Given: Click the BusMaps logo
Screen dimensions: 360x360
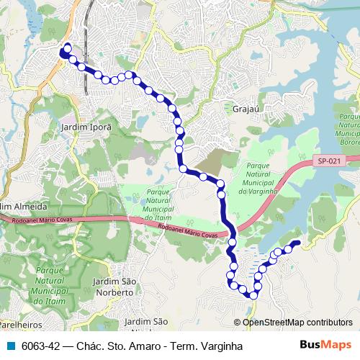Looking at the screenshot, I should pyautogui.click(x=325, y=345).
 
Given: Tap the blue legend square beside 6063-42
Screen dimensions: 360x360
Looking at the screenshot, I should pyautogui.click(x=10, y=346).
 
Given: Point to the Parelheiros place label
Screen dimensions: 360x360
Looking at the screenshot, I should pyautogui.click(x=17, y=325).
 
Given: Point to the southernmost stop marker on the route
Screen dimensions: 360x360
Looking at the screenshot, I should pyautogui.click(x=253, y=294).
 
